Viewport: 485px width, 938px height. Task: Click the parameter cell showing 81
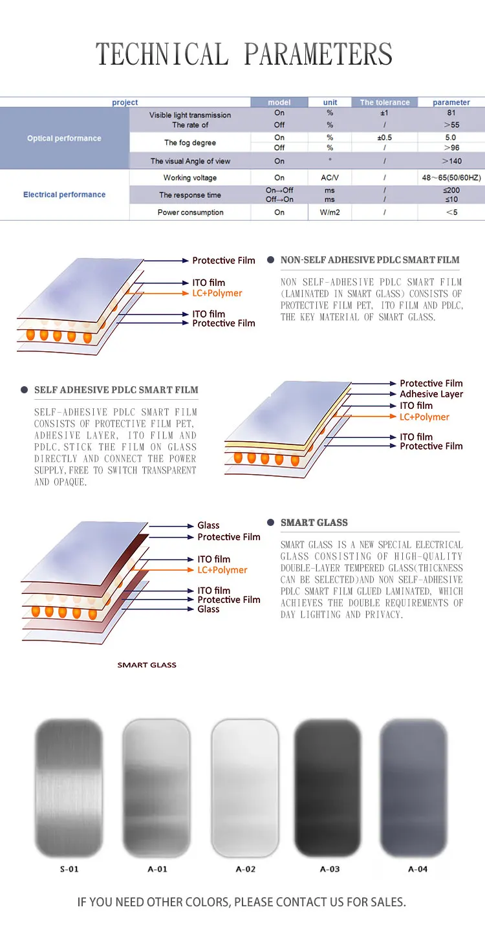pyautogui.click(x=451, y=113)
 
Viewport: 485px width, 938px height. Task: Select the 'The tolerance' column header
pyautogui.click(x=385, y=102)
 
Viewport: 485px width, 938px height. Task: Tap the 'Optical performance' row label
pyautogui.click(x=64, y=138)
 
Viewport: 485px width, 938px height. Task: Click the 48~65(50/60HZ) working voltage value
pyautogui.click(x=451, y=178)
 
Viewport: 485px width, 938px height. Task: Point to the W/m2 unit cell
pyautogui.click(x=330, y=212)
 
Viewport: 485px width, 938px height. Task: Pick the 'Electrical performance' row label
pyautogui.click(x=64, y=195)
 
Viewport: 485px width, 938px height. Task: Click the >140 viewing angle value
pyautogui.click(x=451, y=161)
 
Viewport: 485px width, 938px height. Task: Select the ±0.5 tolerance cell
pyautogui.click(x=385, y=138)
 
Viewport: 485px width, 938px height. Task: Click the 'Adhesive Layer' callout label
pyautogui.click(x=431, y=394)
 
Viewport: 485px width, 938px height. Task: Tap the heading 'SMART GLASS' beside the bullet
pyautogui.click(x=314, y=523)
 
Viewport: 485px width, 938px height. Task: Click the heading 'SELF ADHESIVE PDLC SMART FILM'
pyautogui.click(x=116, y=390)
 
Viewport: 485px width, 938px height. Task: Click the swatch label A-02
pyautogui.click(x=245, y=869)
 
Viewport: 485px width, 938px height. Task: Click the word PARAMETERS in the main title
pyautogui.click(x=318, y=54)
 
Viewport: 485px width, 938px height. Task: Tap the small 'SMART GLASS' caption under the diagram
pyautogui.click(x=147, y=665)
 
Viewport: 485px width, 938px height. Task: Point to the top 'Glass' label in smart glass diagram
pyautogui.click(x=208, y=526)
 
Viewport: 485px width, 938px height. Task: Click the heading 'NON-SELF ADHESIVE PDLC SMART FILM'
pyautogui.click(x=370, y=260)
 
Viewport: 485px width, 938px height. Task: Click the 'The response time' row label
pyautogui.click(x=190, y=195)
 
